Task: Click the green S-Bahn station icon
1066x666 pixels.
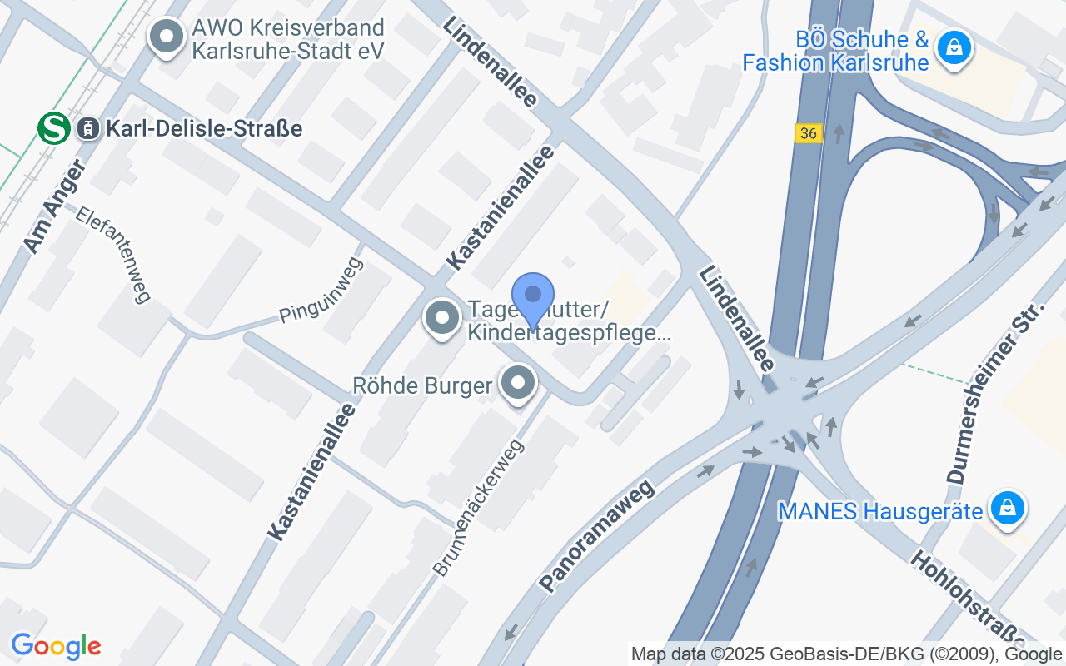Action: click(x=53, y=128)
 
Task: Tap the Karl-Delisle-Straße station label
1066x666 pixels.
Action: click(x=203, y=128)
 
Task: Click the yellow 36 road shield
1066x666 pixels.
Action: click(x=807, y=133)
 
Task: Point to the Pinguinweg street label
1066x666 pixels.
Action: click(x=321, y=291)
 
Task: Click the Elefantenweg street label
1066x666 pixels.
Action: click(x=113, y=254)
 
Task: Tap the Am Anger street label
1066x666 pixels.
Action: click(x=54, y=206)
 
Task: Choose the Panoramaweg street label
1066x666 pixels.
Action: click(x=596, y=535)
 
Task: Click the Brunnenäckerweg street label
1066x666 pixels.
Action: click(x=478, y=507)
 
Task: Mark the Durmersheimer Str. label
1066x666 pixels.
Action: click(x=995, y=395)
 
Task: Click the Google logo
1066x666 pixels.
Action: click(x=56, y=647)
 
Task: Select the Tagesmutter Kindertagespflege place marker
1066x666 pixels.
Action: click(x=442, y=318)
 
